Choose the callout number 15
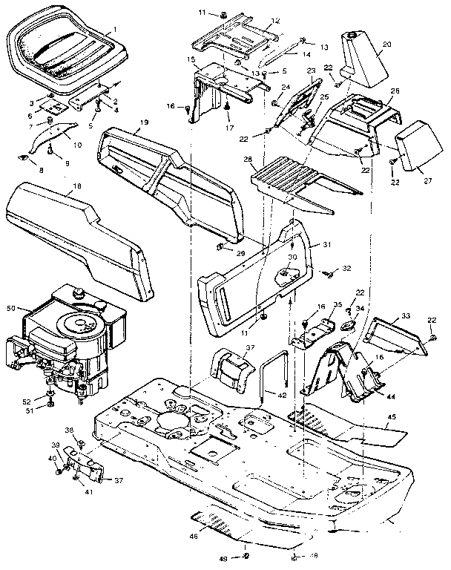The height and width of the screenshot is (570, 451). click(191, 59)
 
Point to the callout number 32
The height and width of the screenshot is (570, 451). click(347, 266)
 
